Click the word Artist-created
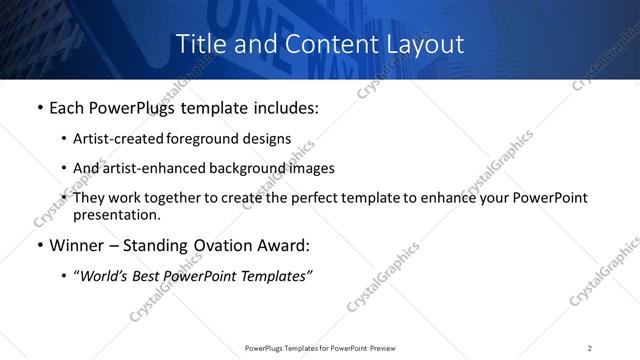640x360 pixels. (117, 139)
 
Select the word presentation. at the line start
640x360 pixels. (116, 215)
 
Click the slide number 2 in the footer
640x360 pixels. (590, 347)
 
